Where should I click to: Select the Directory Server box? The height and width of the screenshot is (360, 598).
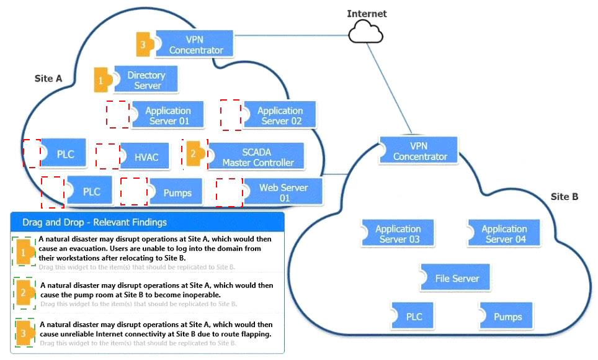click(147, 80)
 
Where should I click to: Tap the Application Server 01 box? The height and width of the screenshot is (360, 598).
click(167, 115)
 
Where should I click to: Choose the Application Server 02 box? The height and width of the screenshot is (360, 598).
click(280, 115)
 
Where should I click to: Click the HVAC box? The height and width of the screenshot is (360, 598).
click(146, 157)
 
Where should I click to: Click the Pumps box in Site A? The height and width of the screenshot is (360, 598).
click(177, 192)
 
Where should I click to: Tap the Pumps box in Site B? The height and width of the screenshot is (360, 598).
click(507, 317)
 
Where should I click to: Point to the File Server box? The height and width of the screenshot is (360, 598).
click(457, 279)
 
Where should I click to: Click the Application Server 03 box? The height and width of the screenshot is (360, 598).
click(398, 234)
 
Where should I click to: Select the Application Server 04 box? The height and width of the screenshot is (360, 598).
click(504, 234)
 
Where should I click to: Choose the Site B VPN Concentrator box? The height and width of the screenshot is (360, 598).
click(419, 151)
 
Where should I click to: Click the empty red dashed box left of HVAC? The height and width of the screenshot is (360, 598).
click(107, 156)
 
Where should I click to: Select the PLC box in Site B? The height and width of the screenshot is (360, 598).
click(414, 317)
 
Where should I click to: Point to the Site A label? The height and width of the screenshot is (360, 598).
click(48, 79)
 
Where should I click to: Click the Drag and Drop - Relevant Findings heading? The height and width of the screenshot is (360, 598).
click(94, 222)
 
